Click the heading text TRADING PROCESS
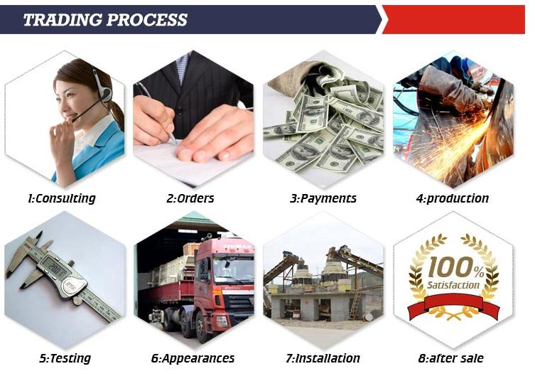coord(105,19)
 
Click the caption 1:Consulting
coord(62,198)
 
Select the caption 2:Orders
coord(190,198)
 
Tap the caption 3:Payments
coord(323,198)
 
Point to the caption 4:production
coord(453,198)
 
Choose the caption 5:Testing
coord(65,358)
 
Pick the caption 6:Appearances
coord(193,358)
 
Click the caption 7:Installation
coord(323,358)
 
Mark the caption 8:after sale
coord(450,358)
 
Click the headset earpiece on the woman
coord(106,94)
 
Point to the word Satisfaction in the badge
coord(453,285)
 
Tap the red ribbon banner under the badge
coord(453,305)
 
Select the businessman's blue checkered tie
coord(183,68)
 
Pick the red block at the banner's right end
coord(454,19)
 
